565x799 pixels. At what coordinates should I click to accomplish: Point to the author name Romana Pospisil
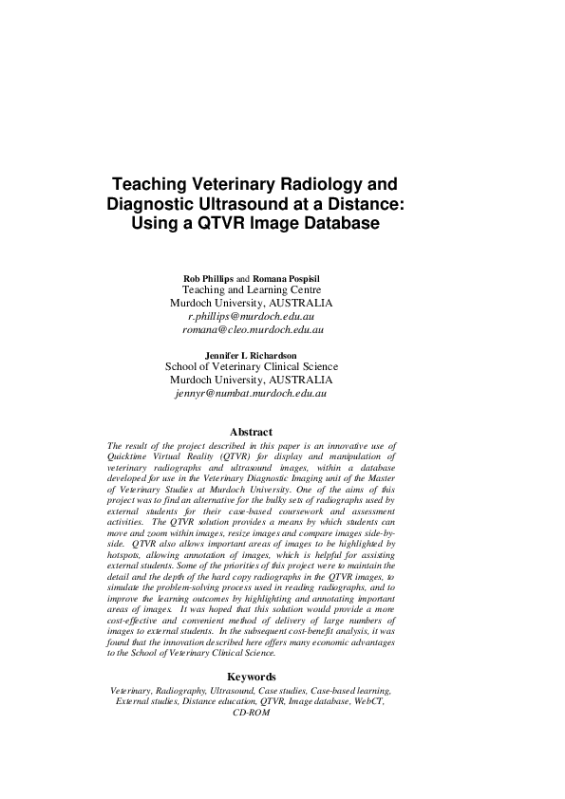[289, 277]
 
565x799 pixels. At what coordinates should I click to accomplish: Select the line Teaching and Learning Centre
[251, 289]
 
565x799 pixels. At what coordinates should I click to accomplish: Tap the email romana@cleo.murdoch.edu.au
[254, 329]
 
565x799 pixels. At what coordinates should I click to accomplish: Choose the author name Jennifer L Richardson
[251, 355]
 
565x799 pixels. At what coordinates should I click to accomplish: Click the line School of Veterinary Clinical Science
[251, 366]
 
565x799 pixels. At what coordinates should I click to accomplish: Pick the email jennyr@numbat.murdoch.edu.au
[252, 392]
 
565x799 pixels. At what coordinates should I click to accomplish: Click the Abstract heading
[251, 432]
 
